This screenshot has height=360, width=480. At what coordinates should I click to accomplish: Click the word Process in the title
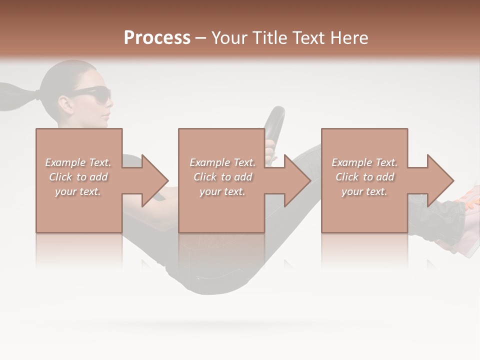coord(157,38)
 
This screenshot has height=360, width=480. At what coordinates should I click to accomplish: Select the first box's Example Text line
coord(78,162)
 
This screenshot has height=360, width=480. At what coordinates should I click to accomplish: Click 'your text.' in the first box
coord(78,191)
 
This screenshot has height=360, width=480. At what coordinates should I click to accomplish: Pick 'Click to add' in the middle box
coord(222,177)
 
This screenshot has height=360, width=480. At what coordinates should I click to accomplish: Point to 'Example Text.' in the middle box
coord(222,162)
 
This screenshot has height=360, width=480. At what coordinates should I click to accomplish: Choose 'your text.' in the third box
coord(364,191)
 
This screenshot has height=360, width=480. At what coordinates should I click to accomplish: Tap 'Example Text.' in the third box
coord(364,162)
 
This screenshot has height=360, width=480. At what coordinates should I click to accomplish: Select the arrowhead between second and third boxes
coord(296,180)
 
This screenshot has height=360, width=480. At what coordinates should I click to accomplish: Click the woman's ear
coord(66,103)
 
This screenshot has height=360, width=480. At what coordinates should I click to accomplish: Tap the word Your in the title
coord(230,38)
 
